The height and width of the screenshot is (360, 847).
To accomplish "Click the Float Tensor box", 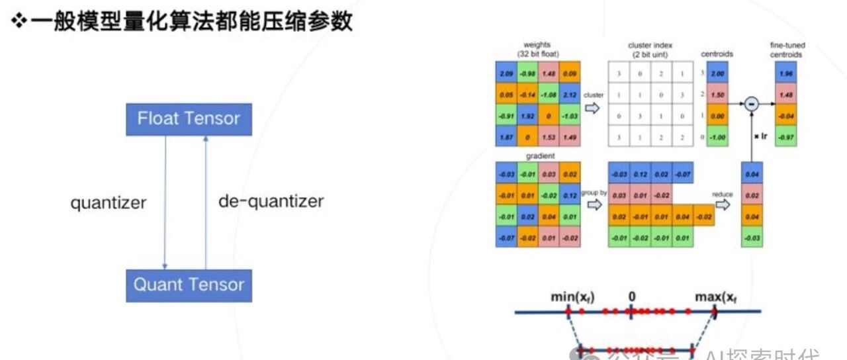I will click(189, 119).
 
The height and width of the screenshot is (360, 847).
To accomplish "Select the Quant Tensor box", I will click(189, 285).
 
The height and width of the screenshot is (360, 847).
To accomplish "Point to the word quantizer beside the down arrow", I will click(109, 202).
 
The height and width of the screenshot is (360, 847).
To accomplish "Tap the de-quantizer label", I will click(271, 201).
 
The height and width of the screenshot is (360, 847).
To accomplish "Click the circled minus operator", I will click(751, 104).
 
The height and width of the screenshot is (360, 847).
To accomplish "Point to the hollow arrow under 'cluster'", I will click(593, 108).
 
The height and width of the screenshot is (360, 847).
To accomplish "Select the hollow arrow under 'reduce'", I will click(723, 204).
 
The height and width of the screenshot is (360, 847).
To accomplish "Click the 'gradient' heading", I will click(538, 156).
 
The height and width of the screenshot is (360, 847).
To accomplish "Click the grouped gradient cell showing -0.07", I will click(682, 174).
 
